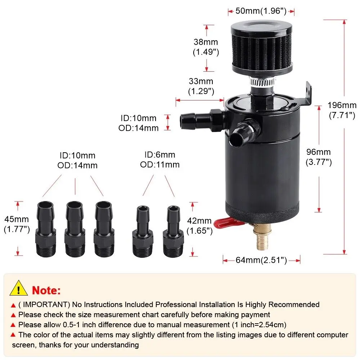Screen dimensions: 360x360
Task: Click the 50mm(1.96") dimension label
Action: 261,11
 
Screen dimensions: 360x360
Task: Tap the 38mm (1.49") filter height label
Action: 206,47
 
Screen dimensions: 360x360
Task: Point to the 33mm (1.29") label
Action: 201,86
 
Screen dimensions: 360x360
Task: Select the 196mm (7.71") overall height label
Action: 342,110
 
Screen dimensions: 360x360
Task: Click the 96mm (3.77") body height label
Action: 319,157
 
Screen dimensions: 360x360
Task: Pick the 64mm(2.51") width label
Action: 261,260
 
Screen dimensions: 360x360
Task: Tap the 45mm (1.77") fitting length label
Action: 17,224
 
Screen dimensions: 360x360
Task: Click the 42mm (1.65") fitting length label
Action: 199,226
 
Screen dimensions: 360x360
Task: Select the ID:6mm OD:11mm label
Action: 160,159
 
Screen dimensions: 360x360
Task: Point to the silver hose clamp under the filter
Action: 262,82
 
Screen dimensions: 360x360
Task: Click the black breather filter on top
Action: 261,49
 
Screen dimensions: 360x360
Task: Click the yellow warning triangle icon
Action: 19,288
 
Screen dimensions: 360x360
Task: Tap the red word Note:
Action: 46,291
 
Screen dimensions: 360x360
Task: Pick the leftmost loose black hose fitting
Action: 46,229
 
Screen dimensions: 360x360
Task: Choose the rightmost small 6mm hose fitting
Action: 174,231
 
